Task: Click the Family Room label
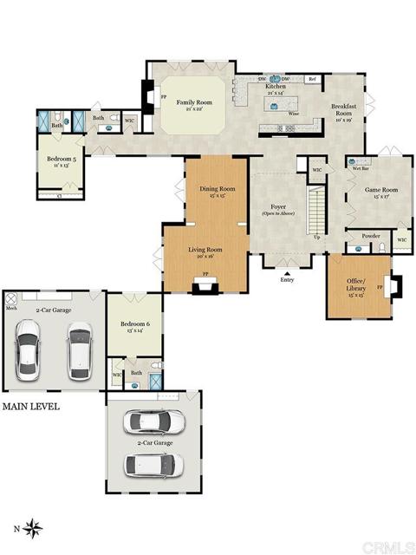coord(190,102)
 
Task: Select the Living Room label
coord(206,250)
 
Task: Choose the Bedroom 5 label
coord(62,159)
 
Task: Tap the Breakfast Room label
coord(344,110)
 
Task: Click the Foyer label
coord(278,208)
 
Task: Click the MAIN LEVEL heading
coord(30,406)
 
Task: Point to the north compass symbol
coord(33,526)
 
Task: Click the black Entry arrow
coord(287,271)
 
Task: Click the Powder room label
coord(370,235)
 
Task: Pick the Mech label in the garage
coord(12,307)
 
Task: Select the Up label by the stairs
coord(316,238)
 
